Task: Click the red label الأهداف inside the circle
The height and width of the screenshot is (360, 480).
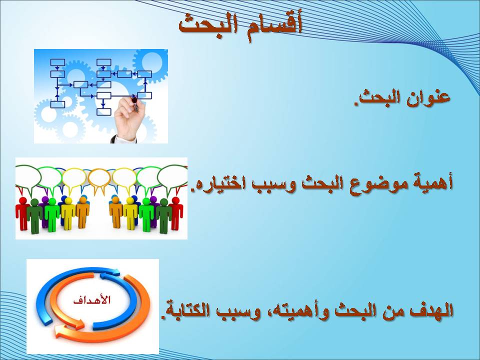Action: (92, 299)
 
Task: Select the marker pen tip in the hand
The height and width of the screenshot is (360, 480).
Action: (134, 100)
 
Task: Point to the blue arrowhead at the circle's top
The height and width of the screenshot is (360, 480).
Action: (115, 271)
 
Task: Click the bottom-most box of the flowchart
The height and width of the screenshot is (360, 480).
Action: (104, 111)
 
